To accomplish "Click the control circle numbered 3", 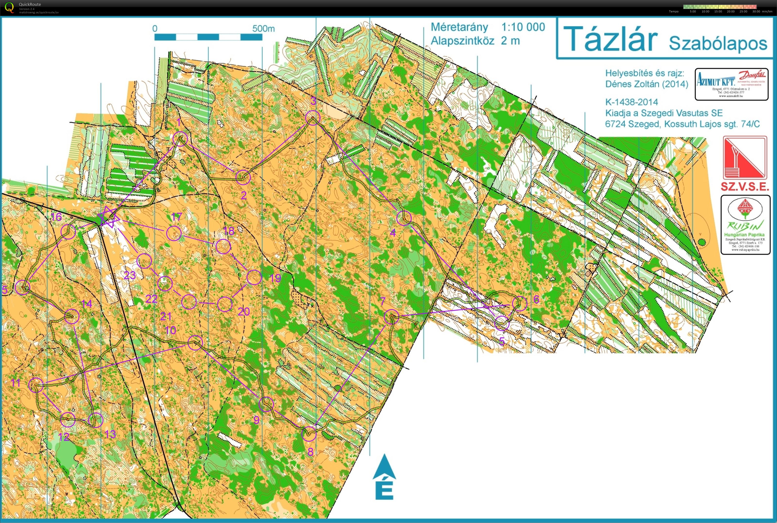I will [313, 117].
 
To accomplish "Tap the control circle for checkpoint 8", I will [308, 434].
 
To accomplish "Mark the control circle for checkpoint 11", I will [36, 385].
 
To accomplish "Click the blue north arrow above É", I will [384, 467].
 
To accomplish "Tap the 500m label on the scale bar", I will [263, 29].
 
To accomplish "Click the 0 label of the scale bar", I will [155, 29].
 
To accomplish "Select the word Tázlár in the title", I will [610, 39].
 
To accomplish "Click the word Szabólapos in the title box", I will [718, 43].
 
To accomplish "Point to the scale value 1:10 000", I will [523, 27].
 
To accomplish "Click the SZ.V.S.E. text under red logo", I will [745, 187].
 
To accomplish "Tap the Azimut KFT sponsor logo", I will [732, 84].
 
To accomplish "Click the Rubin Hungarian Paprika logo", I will [745, 225].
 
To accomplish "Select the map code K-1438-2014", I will [632, 102].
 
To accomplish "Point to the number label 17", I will [176, 217].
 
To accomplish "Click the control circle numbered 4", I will [404, 218].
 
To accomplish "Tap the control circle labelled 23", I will [144, 261].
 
